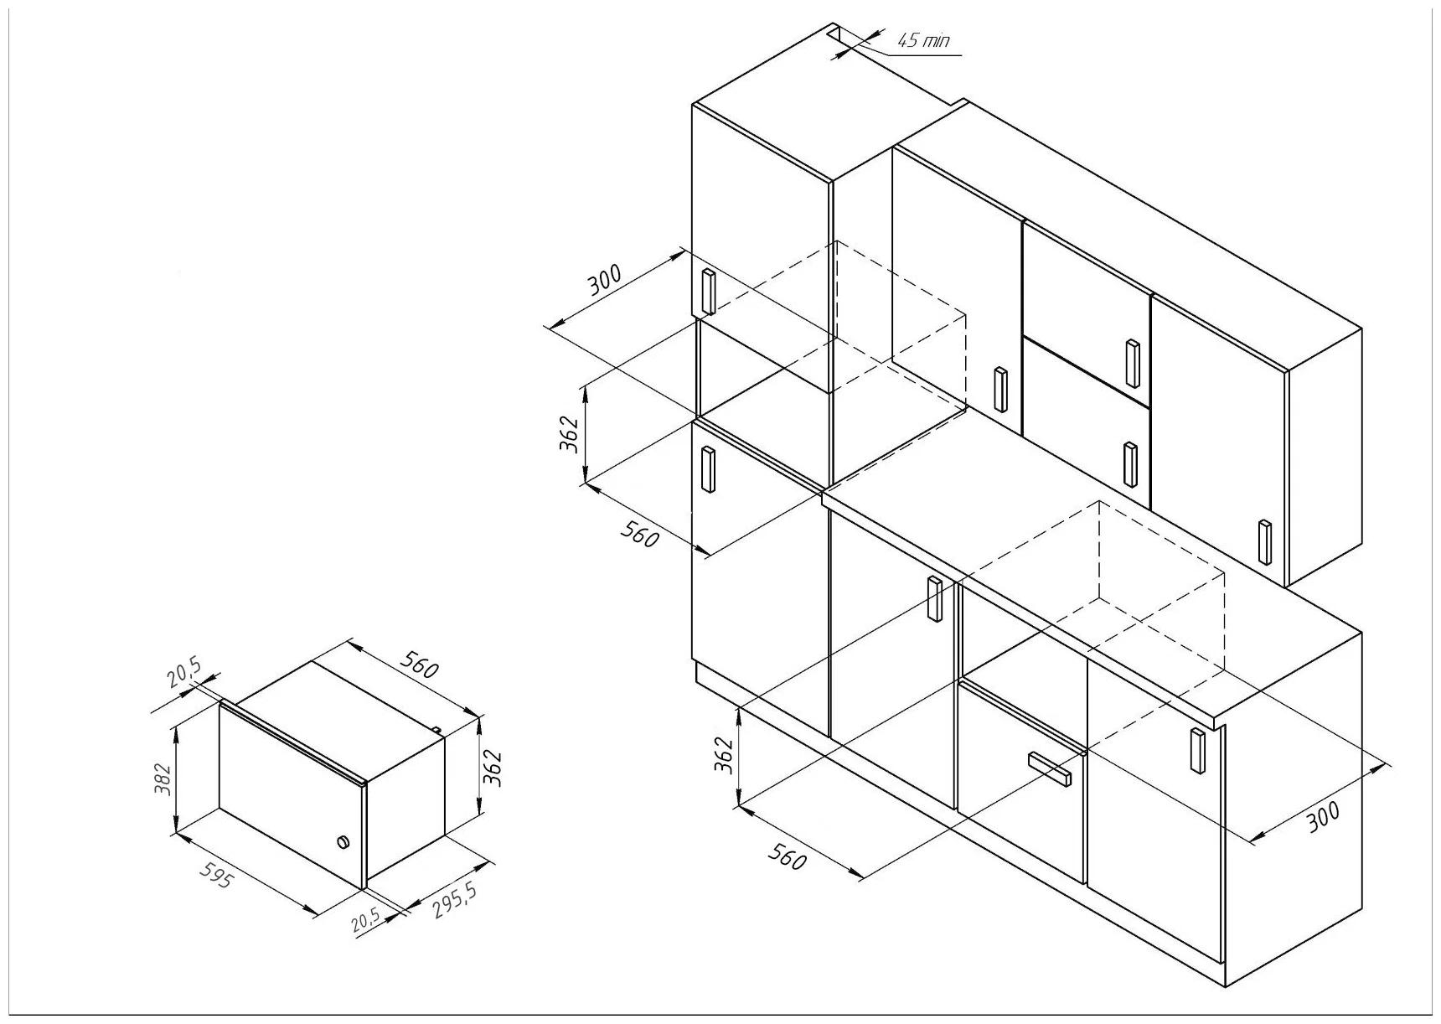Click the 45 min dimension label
(923, 40)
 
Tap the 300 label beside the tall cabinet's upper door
(604, 281)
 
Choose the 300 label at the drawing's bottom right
(1325, 816)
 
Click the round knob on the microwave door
(342, 842)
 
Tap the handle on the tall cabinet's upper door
(708, 292)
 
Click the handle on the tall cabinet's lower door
(708, 469)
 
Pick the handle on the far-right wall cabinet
(1264, 541)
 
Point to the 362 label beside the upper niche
(570, 433)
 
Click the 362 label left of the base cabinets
(726, 756)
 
